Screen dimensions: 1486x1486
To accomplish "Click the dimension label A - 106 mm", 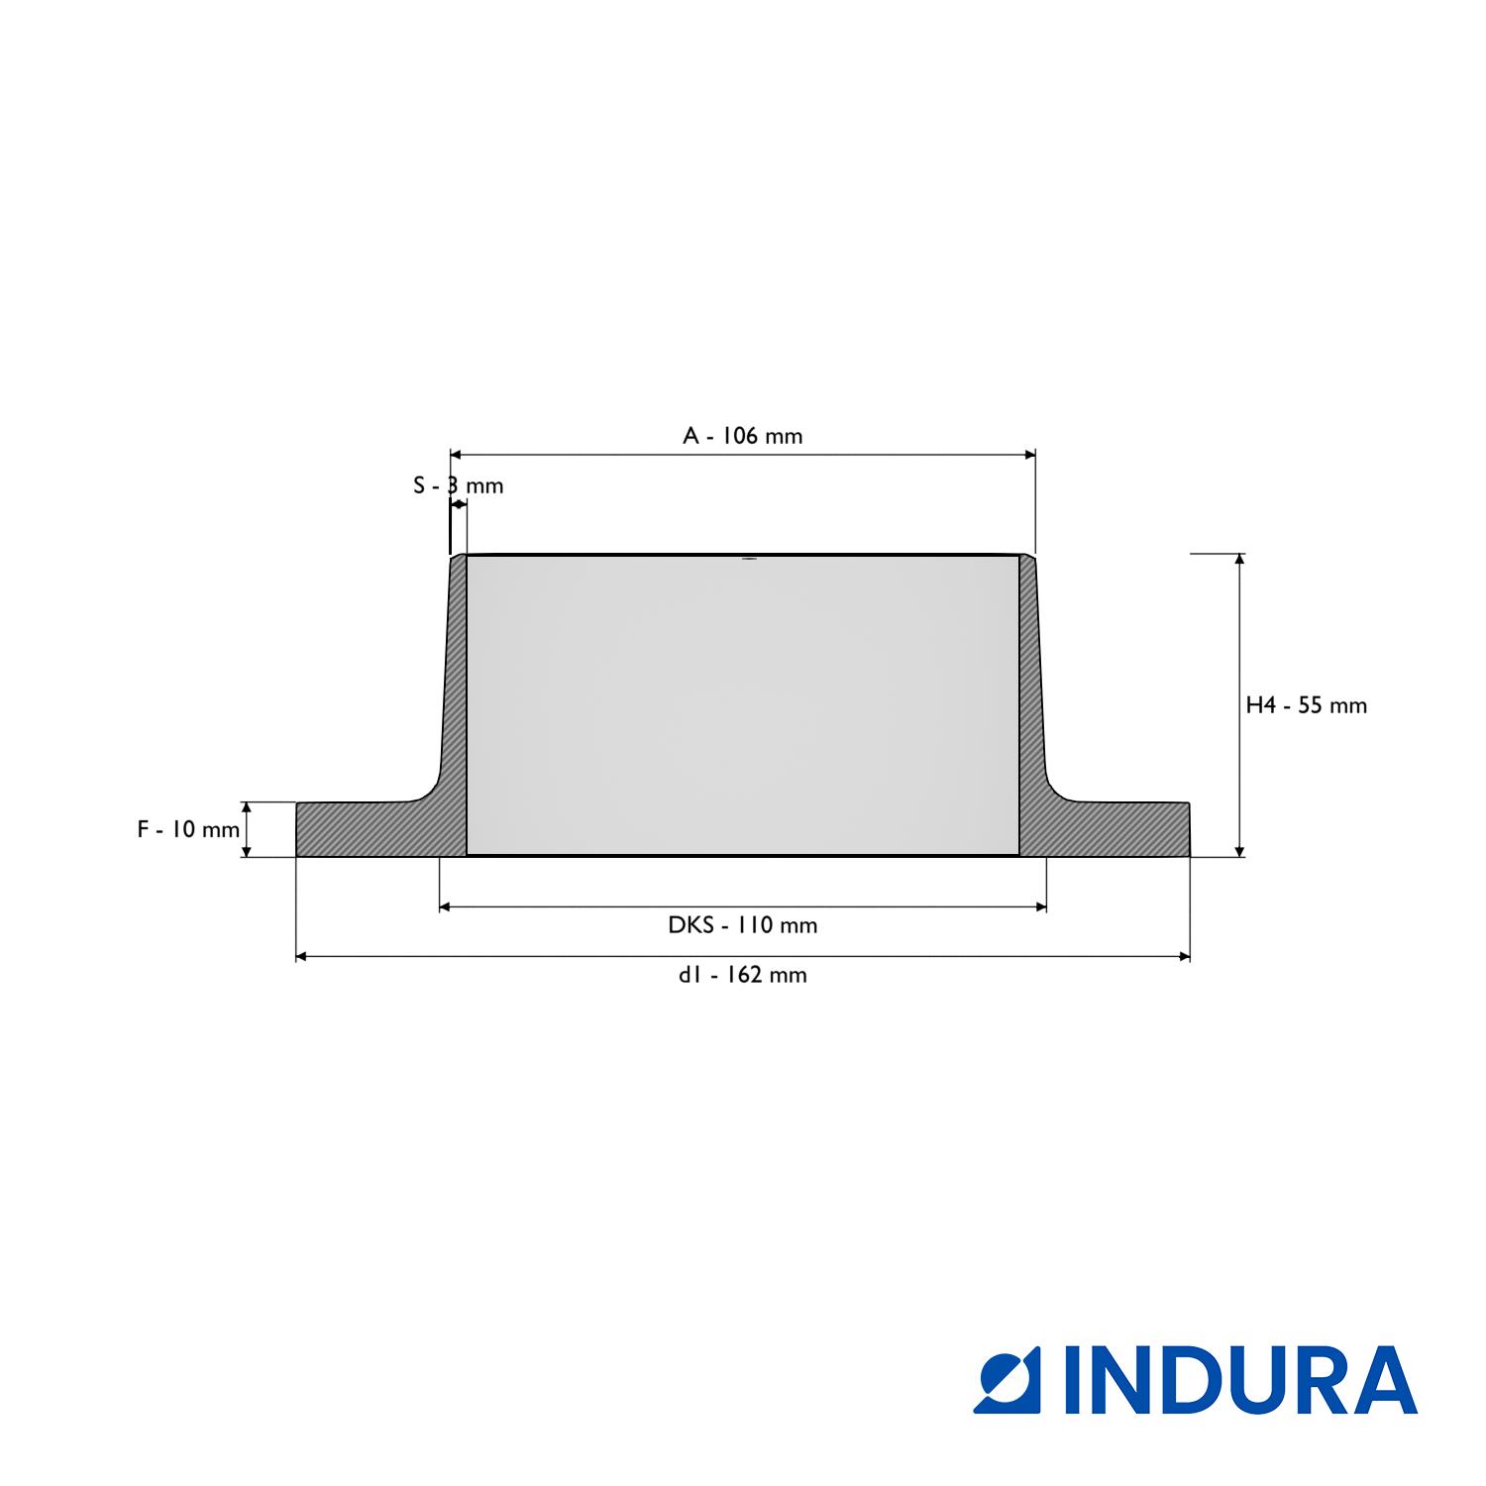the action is tap(743, 436).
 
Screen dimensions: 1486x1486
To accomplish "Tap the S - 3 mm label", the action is tap(458, 485).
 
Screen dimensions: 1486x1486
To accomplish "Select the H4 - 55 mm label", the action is tap(1306, 705).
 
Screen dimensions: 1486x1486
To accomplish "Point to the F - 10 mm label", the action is tap(188, 829).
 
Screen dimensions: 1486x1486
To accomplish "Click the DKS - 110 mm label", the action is tap(743, 925).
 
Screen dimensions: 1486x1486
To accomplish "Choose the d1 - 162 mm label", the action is tap(743, 975).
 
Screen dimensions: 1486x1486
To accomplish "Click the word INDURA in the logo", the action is tap(1240, 1380).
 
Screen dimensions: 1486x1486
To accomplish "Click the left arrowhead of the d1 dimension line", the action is tap(303, 957).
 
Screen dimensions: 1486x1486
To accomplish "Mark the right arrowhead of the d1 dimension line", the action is tap(1183, 957).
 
